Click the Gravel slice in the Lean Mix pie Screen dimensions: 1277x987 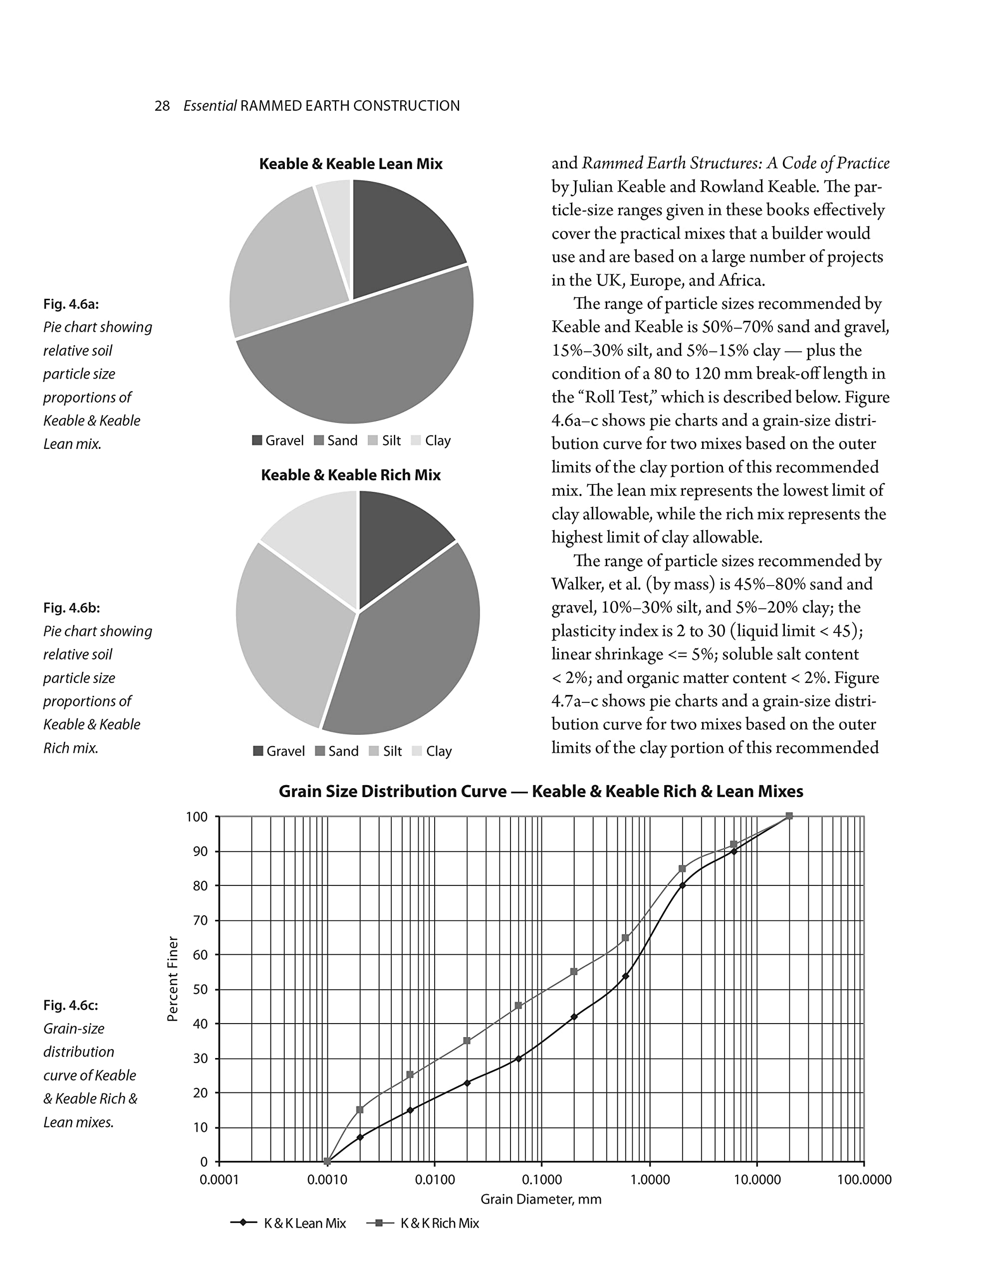[x=404, y=240]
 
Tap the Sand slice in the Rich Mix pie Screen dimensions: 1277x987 [x=410, y=649]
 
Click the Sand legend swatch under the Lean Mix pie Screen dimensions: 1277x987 [x=319, y=440]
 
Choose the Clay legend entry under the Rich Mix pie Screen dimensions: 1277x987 [x=432, y=751]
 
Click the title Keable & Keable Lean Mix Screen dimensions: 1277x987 [x=350, y=164]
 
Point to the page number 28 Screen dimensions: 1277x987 [x=162, y=106]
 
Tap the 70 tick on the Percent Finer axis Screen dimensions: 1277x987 [x=201, y=921]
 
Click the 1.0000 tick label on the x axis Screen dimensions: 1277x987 [x=649, y=1179]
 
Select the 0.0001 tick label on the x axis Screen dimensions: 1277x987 [x=220, y=1179]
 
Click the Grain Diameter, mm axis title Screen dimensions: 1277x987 [x=540, y=1199]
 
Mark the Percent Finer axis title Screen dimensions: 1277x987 [x=172, y=979]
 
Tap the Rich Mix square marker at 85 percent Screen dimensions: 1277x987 [x=682, y=869]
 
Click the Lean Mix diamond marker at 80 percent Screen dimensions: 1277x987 [x=682, y=886]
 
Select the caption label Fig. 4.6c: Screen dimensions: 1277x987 [x=70, y=1005]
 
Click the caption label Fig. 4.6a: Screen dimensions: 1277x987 [x=71, y=304]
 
